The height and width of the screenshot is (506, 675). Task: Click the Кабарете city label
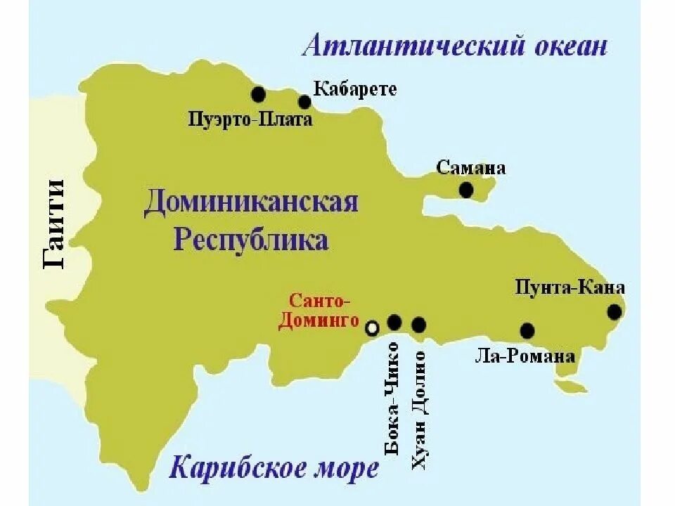(354, 89)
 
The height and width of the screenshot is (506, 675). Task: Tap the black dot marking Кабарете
(304, 103)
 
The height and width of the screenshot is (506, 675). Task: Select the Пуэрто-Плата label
(250, 119)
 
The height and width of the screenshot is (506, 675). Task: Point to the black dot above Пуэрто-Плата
(258, 93)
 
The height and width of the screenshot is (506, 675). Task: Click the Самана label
(470, 168)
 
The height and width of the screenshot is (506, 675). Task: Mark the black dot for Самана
(465, 190)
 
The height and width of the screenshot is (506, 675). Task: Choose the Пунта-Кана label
(570, 287)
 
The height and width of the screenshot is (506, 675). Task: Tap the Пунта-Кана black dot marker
(615, 311)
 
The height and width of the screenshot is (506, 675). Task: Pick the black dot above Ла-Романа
(527, 330)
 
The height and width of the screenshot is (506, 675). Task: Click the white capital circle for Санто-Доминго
(372, 327)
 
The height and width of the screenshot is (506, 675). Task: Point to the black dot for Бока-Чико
(394, 323)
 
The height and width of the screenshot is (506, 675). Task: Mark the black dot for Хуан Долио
(419, 324)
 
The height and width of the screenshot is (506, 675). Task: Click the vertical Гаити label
(54, 224)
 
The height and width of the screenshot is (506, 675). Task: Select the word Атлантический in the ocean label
(406, 47)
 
